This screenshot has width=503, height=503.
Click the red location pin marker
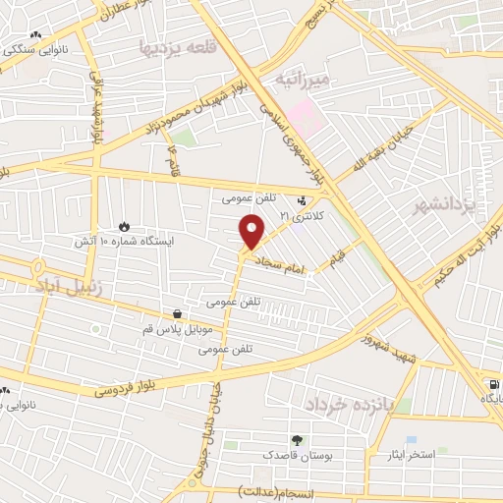coord(252,231)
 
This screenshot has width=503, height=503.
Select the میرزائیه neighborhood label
coord(307,76)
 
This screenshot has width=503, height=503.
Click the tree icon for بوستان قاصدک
coord(297,439)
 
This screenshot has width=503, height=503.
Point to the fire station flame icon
coord(123,226)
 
